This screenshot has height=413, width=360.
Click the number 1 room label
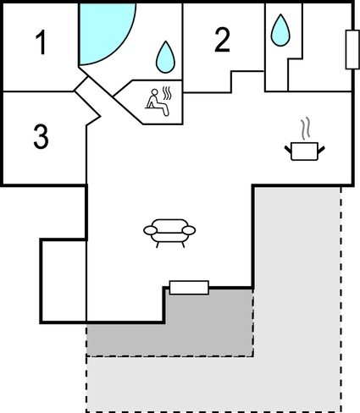pyautogui.click(x=42, y=42)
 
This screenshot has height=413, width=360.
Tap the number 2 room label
pyautogui.click(x=222, y=40)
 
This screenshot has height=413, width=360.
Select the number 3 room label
pyautogui.click(x=41, y=136)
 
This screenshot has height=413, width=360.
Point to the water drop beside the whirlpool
pyautogui.click(x=165, y=57)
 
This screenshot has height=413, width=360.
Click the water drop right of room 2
pyautogui.click(x=280, y=30)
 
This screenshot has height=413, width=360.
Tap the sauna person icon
pyautogui.click(x=158, y=102)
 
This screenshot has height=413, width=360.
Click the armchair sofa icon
pyautogui.click(x=169, y=233)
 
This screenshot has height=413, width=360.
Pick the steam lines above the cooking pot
pyautogui.click(x=305, y=129)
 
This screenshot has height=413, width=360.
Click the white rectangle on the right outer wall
pyautogui.click(x=352, y=49)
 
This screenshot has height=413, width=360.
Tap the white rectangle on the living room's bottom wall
pyautogui.click(x=189, y=288)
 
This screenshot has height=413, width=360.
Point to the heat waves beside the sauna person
pyautogui.click(x=167, y=94)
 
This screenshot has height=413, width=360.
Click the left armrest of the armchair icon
pyautogui.click(x=150, y=230)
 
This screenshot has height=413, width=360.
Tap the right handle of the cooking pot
pyautogui.click(x=321, y=150)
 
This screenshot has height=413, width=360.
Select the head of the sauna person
pyautogui.click(x=154, y=92)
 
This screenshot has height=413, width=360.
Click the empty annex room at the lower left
pyautogui.click(x=64, y=281)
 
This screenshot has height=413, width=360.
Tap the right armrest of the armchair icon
pyautogui.click(x=189, y=230)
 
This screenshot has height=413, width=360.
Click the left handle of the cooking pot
pyautogui.click(x=288, y=150)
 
